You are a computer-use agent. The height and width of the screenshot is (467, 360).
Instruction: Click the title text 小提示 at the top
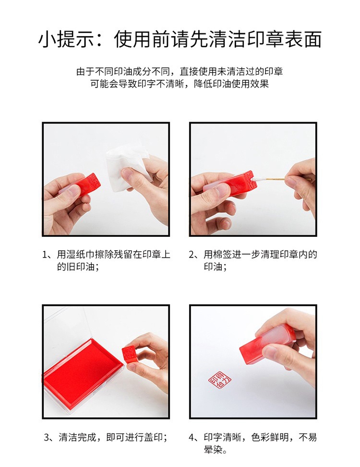[66, 39]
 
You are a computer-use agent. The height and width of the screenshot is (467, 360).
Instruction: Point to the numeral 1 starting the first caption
[45, 255]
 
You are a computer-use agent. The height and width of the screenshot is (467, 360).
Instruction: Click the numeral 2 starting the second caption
[192, 255]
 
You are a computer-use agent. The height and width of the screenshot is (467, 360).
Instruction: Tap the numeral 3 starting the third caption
[47, 437]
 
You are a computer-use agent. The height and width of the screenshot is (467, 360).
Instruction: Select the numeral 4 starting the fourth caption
[192, 437]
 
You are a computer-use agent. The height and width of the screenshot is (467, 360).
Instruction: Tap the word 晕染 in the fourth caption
[213, 449]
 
